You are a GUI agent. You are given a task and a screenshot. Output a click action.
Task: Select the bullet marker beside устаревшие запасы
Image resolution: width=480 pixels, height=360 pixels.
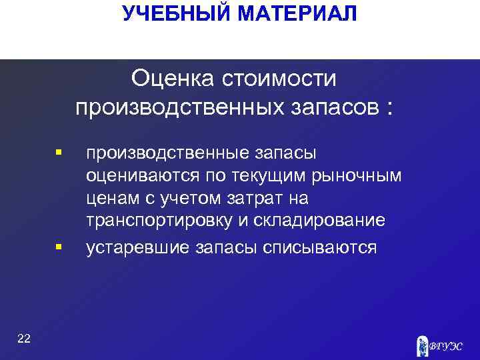click(59, 247)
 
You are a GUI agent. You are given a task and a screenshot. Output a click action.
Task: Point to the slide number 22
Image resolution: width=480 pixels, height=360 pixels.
click(24, 339)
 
